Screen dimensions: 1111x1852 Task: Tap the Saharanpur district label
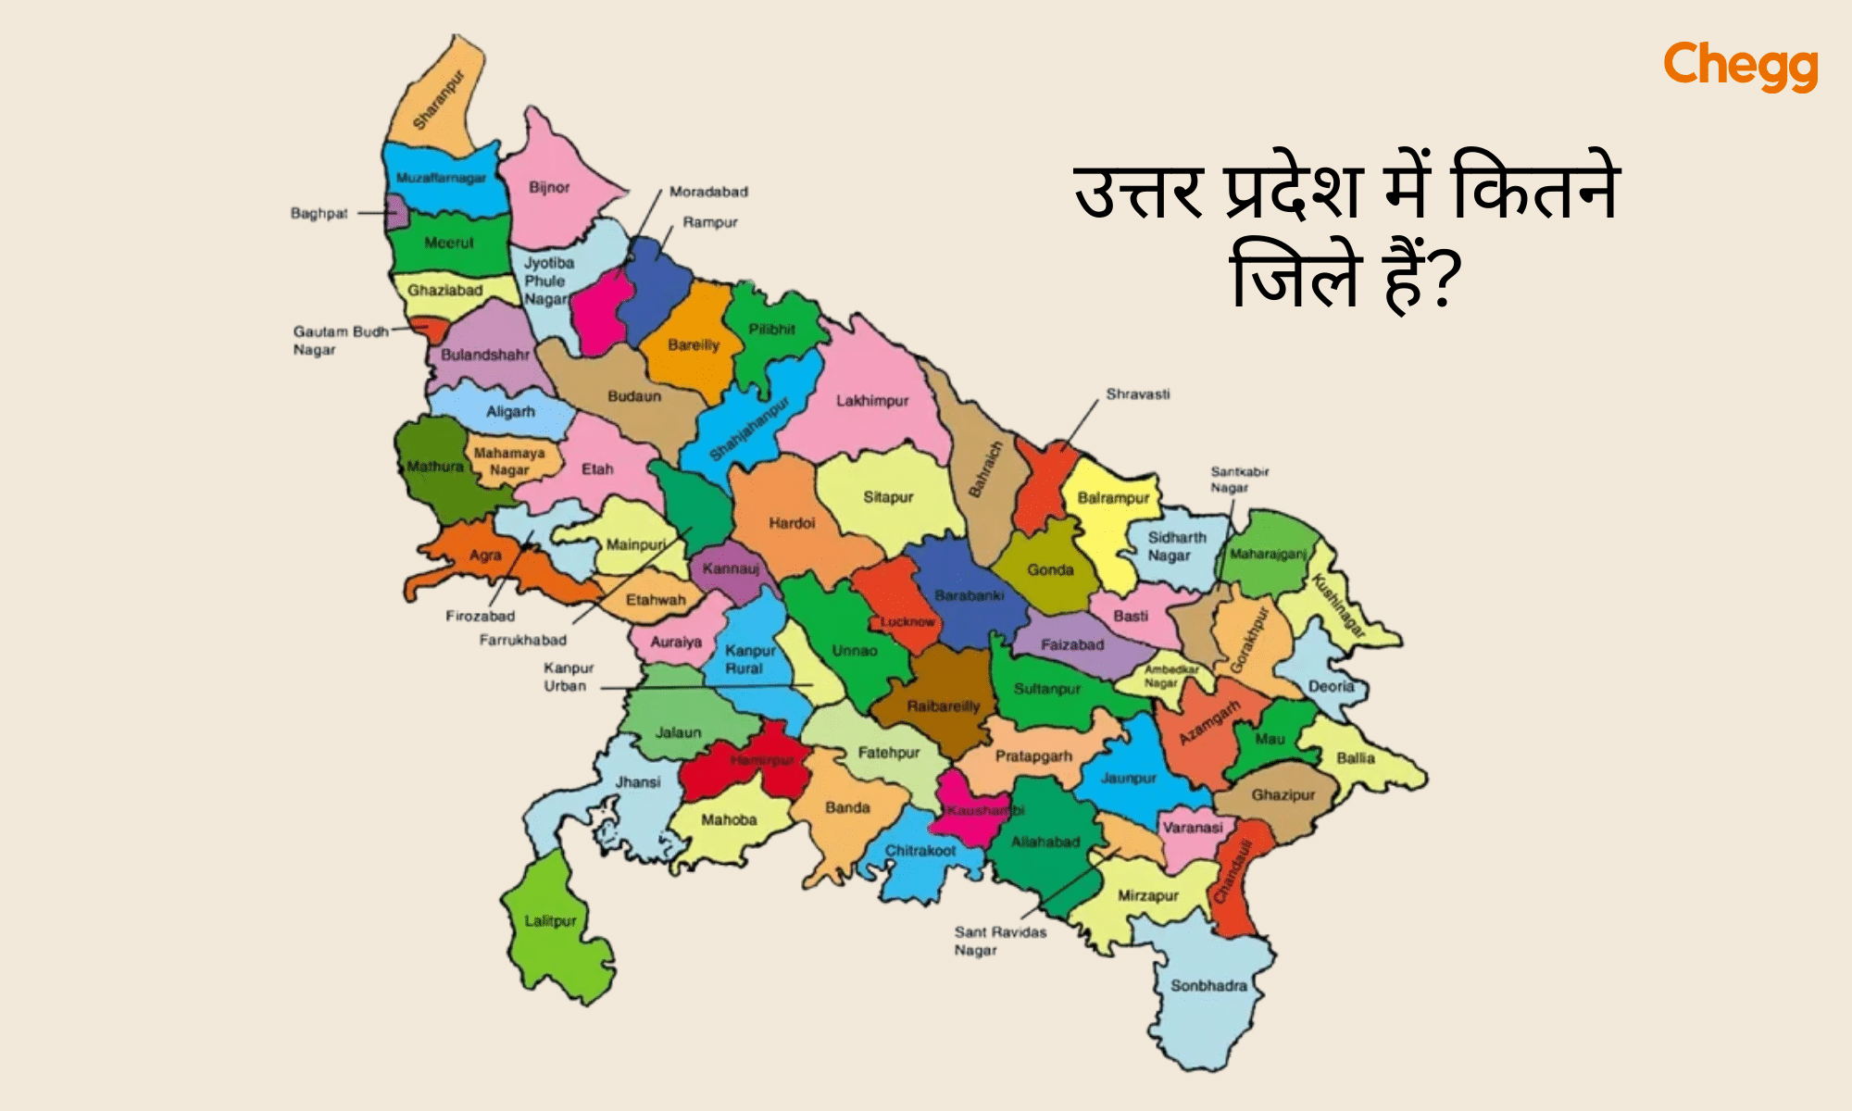point(438,100)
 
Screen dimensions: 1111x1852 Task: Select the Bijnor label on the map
point(549,187)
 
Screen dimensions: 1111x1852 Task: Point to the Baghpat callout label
point(319,214)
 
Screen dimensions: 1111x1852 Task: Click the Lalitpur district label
point(550,921)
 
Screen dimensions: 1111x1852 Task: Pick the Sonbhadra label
point(1208,986)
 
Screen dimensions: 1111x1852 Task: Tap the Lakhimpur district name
point(872,401)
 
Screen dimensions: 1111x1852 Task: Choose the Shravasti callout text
point(1138,394)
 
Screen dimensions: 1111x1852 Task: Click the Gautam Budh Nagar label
point(340,341)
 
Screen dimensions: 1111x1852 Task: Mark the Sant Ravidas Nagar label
point(1000,941)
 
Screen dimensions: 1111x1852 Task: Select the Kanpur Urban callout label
point(568,677)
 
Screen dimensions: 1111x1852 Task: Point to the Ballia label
point(1356,758)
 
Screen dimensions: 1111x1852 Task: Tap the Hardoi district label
point(792,523)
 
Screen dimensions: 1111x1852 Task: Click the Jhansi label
point(638,782)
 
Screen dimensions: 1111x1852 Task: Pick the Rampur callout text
point(710,222)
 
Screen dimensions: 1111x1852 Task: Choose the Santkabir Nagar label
point(1239,480)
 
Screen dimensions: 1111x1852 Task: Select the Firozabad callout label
point(480,616)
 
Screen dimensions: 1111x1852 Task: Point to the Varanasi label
point(1193,828)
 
